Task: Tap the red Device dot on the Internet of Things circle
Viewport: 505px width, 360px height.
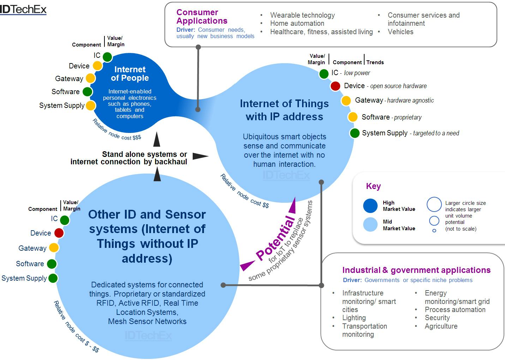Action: pyautogui.click(x=335, y=86)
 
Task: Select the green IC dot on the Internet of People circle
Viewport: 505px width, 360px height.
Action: pyautogui.click(x=107, y=57)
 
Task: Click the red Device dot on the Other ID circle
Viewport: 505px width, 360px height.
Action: pyautogui.click(x=59, y=233)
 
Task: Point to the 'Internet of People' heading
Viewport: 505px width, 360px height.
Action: pyautogui.click(x=130, y=74)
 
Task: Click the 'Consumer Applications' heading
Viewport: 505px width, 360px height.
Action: pyautogui.click(x=202, y=17)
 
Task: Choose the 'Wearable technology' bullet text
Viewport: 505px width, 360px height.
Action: pyautogui.click(x=302, y=15)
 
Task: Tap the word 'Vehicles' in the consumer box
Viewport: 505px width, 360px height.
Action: pyautogui.click(x=400, y=32)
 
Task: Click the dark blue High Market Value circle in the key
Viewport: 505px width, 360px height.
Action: pyautogui.click(x=370, y=206)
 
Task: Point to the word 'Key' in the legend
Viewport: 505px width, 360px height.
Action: pyautogui.click(x=373, y=186)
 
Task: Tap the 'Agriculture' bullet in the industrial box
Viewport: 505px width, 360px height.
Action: pyautogui.click(x=441, y=326)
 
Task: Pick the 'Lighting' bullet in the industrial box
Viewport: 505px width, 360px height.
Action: pyautogui.click(x=354, y=318)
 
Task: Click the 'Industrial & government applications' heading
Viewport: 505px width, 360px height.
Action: pyautogui.click(x=416, y=270)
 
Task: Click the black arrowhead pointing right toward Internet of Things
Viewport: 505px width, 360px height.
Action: pyautogui.click(x=200, y=156)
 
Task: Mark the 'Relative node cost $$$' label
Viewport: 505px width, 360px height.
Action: pyautogui.click(x=116, y=130)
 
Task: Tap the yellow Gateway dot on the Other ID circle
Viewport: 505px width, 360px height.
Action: pyautogui.click(x=54, y=248)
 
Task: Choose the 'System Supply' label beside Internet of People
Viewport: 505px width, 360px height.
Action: pyautogui.click(x=62, y=105)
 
